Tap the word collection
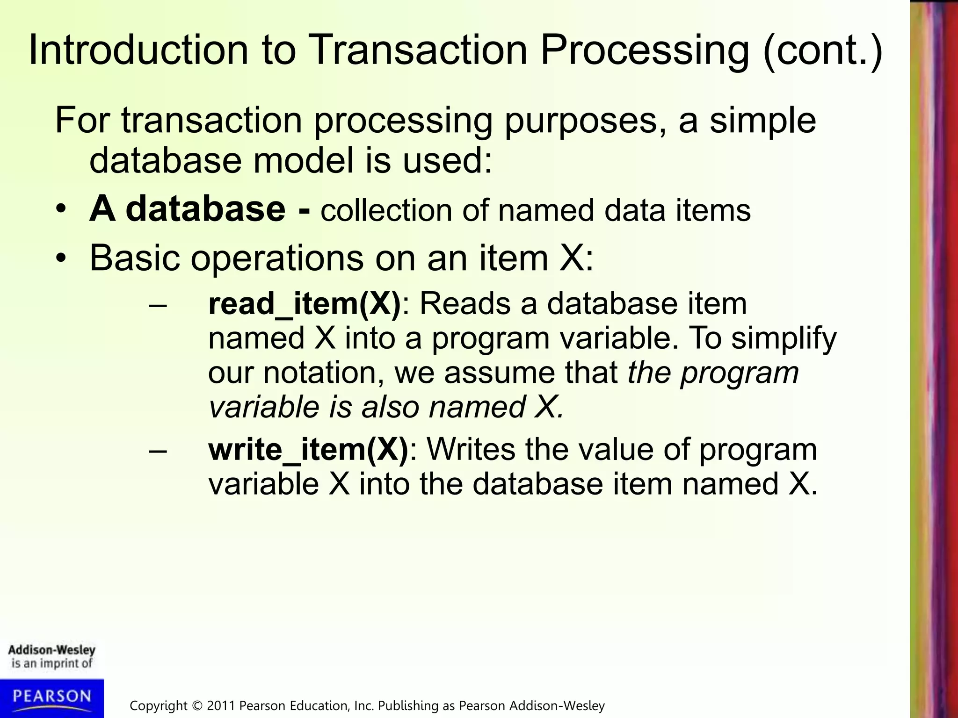point(386,210)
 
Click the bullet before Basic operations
point(60,258)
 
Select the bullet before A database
point(60,209)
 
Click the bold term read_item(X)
point(305,304)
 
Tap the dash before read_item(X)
point(158,305)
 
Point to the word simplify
point(784,338)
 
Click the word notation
point(323,373)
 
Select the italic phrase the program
point(713,373)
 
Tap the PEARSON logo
point(51,696)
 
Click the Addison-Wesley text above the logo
point(51,650)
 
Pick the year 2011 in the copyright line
point(220,705)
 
